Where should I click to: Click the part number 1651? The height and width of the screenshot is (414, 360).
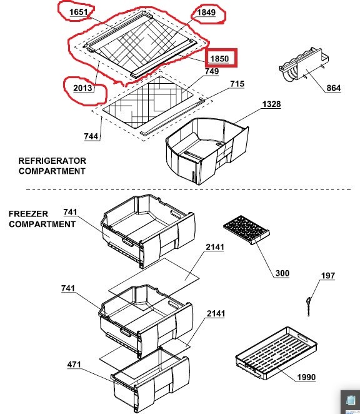tap(78, 12)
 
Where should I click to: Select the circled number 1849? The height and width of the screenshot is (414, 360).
tap(206, 13)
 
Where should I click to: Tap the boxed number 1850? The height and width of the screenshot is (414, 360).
tap(219, 58)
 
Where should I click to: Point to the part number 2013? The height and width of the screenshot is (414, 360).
tap(82, 88)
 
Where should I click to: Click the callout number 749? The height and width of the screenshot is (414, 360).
tap(212, 71)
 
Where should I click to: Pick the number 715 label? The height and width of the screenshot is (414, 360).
tap(237, 84)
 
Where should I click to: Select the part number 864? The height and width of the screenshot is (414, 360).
tap(333, 88)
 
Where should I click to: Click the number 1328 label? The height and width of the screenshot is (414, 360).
tap(271, 104)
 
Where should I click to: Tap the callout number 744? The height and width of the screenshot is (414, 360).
tap(91, 136)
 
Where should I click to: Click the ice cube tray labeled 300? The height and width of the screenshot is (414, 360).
tap(246, 230)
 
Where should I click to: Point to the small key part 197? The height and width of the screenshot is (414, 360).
tap(308, 306)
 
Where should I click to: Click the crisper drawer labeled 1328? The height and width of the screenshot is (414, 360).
tap(207, 151)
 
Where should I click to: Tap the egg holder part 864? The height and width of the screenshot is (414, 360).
tap(304, 64)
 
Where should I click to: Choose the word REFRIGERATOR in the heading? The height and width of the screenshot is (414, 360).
tap(52, 161)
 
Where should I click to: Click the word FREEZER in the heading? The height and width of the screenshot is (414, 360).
tap(28, 214)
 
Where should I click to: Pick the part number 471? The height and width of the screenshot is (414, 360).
tap(74, 365)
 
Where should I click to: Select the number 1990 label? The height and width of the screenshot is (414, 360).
tap(306, 377)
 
